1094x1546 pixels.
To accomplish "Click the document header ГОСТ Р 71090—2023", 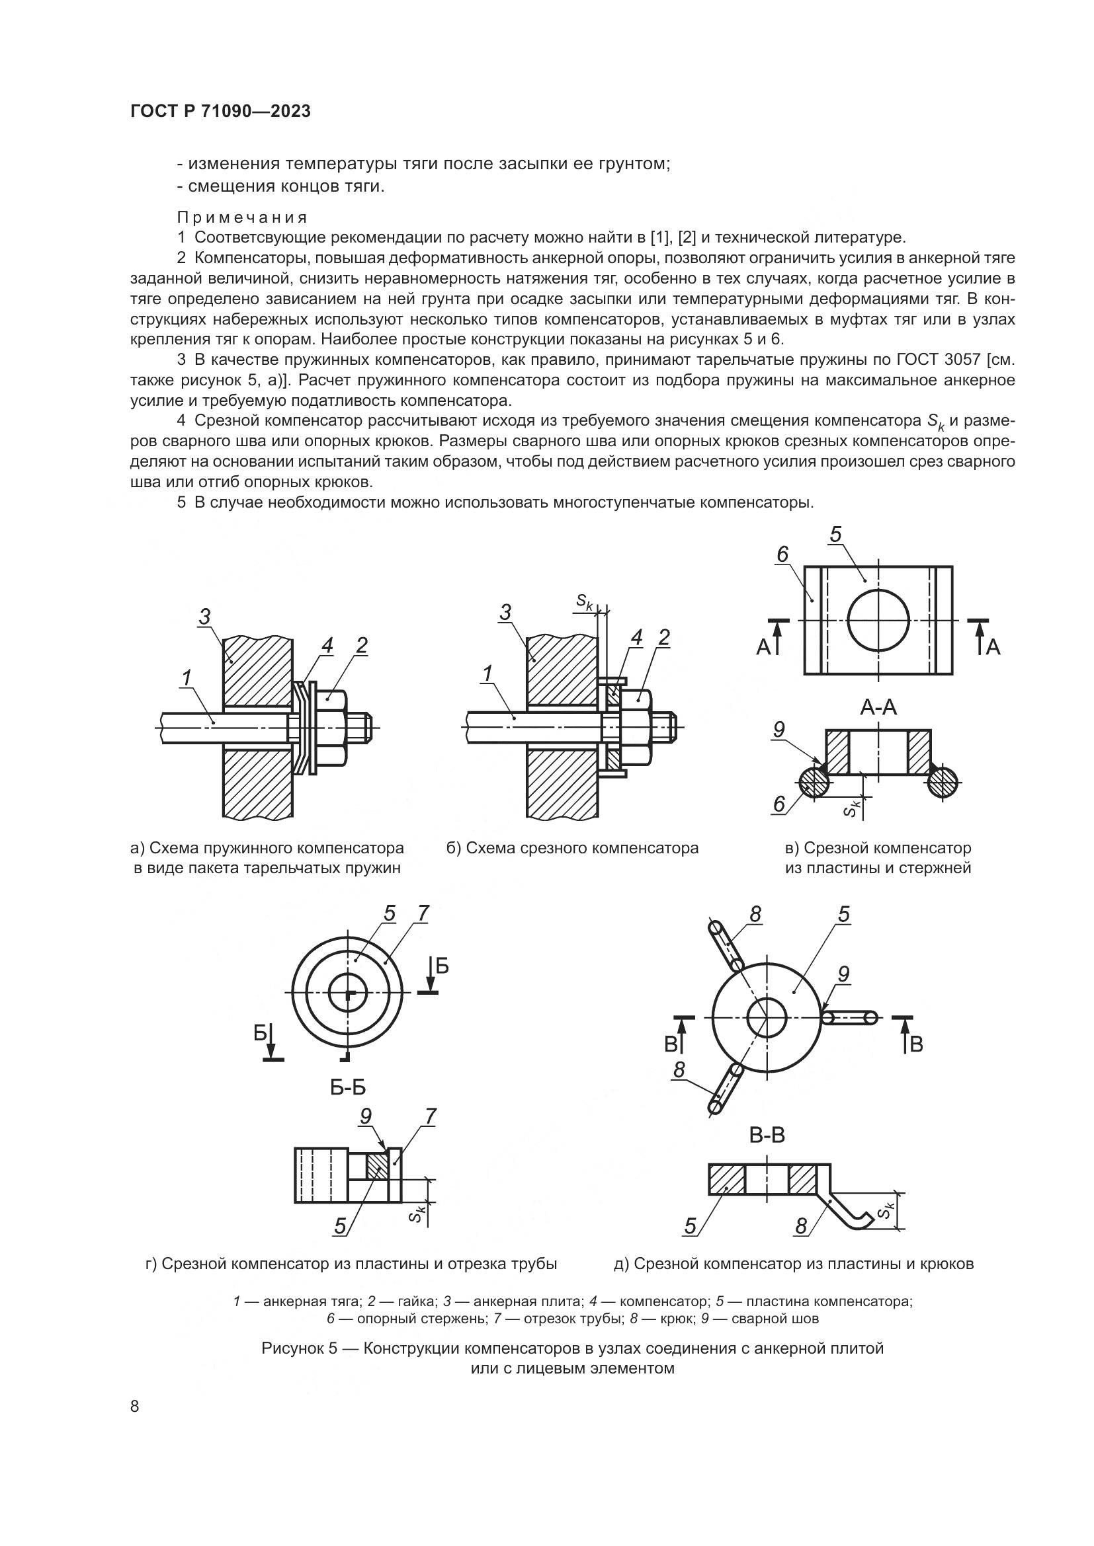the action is (220, 111).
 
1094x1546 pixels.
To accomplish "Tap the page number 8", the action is (135, 1406).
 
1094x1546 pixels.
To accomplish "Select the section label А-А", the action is (878, 707).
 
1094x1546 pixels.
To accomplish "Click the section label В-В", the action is (767, 1136).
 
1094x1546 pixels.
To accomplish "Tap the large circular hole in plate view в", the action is (878, 620).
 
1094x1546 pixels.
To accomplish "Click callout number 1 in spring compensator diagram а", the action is (187, 678).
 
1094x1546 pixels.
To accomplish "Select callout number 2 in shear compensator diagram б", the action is (664, 638).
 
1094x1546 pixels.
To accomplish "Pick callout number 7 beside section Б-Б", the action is (431, 1116).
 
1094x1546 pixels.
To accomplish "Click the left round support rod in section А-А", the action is (814, 783).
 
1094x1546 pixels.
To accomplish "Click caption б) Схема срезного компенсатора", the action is (573, 848).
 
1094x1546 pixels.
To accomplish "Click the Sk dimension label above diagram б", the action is (584, 601).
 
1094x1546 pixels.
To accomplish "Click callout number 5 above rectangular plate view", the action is (836, 535).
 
